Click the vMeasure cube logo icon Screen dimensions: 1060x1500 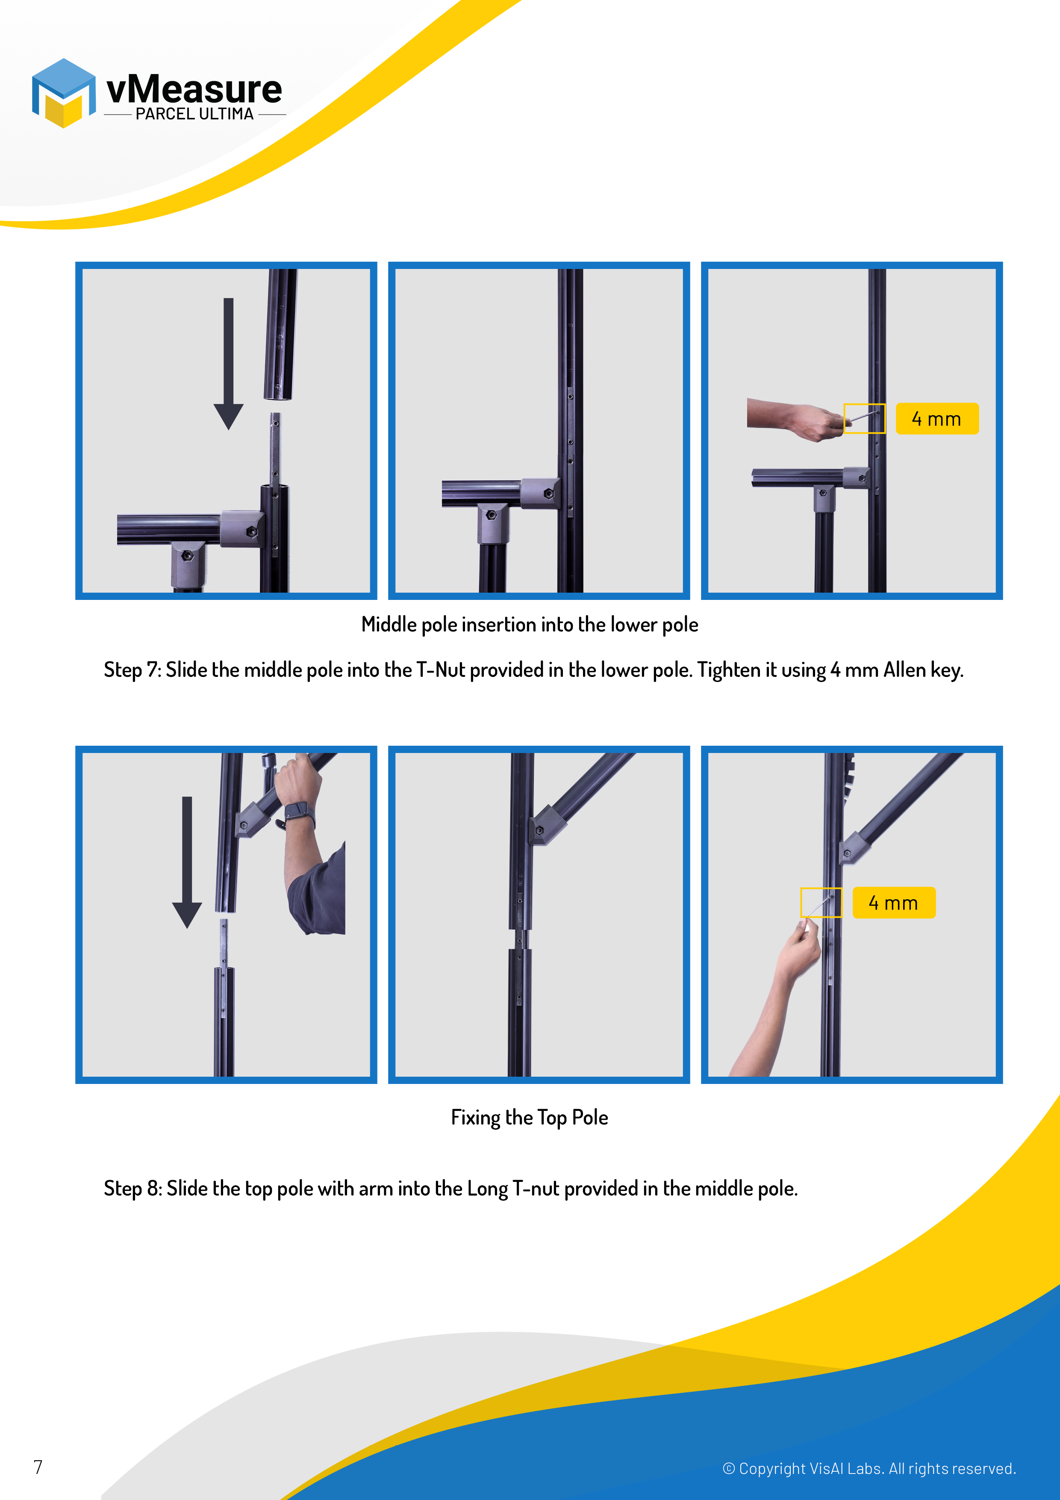pyautogui.click(x=63, y=93)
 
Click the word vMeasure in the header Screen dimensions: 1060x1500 pyautogui.click(x=194, y=89)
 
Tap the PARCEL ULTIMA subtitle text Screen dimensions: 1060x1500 pyautogui.click(x=194, y=114)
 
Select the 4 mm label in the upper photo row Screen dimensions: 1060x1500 pyautogui.click(x=936, y=419)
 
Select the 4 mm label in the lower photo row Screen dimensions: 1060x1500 pyautogui.click(x=893, y=903)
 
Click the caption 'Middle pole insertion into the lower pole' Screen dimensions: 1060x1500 pyautogui.click(x=530, y=625)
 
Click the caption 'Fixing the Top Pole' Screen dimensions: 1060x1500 pyautogui.click(x=530, y=1117)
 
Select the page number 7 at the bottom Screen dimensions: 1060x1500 pyautogui.click(x=38, y=1468)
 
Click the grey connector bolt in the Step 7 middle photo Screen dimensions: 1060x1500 pyautogui.click(x=549, y=494)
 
